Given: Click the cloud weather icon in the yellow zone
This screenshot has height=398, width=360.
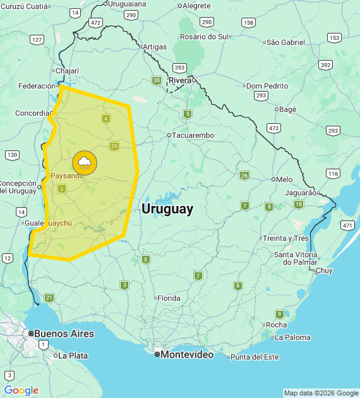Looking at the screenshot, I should [x=85, y=162].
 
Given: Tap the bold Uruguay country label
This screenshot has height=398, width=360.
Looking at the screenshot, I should [x=167, y=209].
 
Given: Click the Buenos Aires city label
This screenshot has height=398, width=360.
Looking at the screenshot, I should [x=64, y=334].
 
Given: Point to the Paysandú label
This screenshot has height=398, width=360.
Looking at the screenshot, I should [x=67, y=176].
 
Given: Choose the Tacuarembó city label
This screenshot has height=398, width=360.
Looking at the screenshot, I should [x=193, y=135].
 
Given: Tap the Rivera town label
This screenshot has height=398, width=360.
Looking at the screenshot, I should [x=180, y=80].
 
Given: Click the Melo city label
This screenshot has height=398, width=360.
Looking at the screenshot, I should [x=284, y=179].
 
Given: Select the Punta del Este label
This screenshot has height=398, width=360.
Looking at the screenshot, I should [x=255, y=357].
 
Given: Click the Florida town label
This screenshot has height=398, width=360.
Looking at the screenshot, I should [x=169, y=298].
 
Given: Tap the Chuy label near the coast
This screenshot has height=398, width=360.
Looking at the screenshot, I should [x=323, y=270].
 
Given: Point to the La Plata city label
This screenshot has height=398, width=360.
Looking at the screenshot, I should [x=73, y=356].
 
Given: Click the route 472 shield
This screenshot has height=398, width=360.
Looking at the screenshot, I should [x=95, y=22].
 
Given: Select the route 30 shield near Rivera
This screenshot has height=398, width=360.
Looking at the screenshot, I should [x=156, y=80].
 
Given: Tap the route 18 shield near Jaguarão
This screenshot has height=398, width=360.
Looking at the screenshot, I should [x=298, y=204].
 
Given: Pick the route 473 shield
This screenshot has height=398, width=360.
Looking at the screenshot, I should [x=273, y=128].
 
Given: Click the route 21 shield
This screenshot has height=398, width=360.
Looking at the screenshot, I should [x=49, y=298].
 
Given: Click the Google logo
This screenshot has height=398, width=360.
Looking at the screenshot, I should [x=21, y=390].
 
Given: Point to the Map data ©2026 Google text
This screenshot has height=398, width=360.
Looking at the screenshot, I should [x=321, y=393].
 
